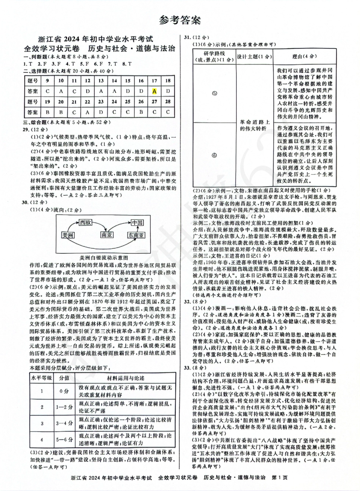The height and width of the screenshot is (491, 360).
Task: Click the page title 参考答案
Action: [180, 20]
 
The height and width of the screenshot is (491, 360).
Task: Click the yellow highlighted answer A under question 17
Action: [154, 91]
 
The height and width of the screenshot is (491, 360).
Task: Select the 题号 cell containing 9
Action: [47, 81]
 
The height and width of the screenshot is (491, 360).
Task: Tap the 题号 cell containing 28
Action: [167, 102]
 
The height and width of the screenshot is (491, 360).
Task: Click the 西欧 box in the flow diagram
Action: [86, 223]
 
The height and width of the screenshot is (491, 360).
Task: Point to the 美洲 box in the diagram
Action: [69, 235]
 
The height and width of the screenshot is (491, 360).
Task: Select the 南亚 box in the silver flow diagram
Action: [107, 235]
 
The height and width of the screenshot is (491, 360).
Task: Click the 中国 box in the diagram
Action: [137, 223]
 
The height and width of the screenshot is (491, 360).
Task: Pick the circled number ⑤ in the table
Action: [214, 93]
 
